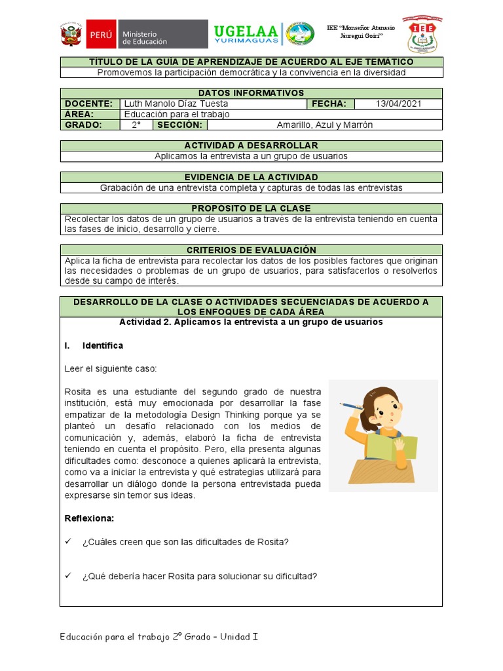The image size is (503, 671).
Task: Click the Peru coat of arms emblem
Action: (x=70, y=36)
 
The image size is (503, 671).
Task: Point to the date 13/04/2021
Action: (x=399, y=104)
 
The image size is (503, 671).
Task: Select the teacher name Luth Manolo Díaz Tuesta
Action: (x=176, y=104)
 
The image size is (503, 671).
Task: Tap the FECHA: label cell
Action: (x=331, y=104)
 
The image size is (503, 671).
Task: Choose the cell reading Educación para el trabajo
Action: (x=177, y=114)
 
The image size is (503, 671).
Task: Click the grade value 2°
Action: (x=136, y=125)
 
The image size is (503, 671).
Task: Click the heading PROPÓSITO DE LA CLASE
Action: (x=251, y=208)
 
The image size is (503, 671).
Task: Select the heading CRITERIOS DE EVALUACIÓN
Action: (x=251, y=250)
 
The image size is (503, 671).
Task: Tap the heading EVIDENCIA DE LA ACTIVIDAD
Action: (x=251, y=177)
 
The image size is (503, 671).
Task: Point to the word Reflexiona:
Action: (x=89, y=518)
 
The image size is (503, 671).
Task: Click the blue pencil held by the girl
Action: (x=352, y=406)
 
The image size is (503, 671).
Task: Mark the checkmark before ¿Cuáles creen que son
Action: (x=69, y=542)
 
